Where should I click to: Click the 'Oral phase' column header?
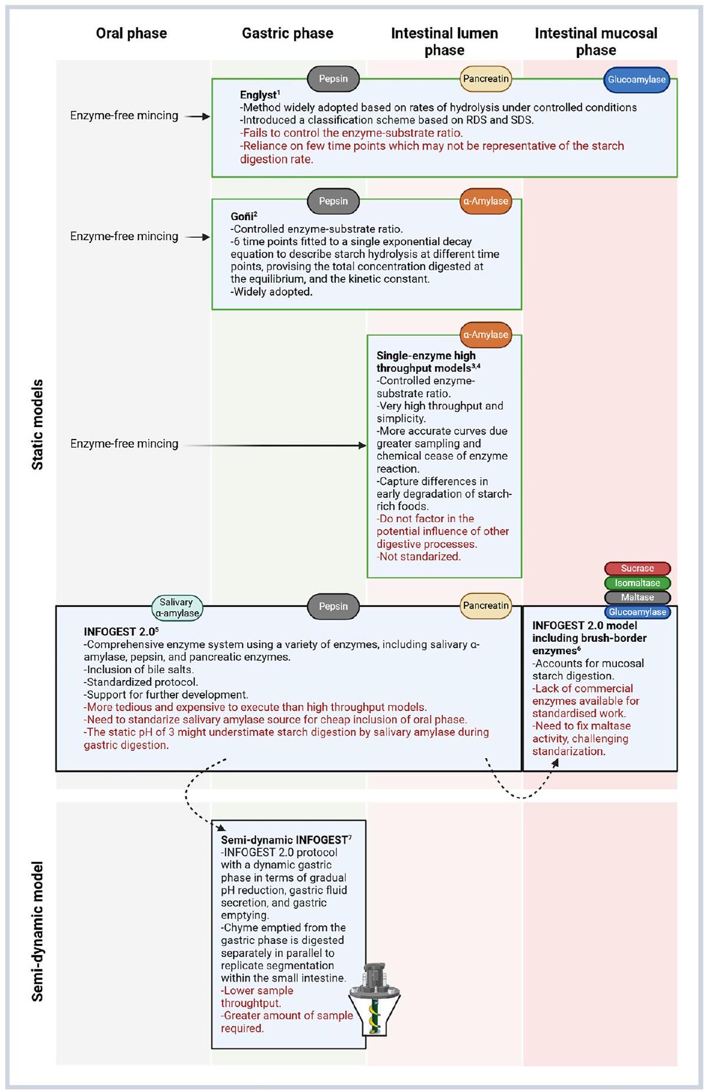pyautogui.click(x=131, y=34)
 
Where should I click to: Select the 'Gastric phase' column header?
pyautogui.click(x=287, y=34)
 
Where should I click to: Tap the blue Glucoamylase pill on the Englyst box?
pyautogui.click(x=636, y=80)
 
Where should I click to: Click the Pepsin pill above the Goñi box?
pyautogui.click(x=333, y=201)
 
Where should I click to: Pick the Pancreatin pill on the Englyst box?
pyautogui.click(x=485, y=78)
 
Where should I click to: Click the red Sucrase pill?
pyautogui.click(x=637, y=569)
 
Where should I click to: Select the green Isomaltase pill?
pyautogui.click(x=637, y=583)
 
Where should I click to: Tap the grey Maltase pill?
pyautogui.click(x=637, y=597)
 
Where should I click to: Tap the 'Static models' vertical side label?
pyautogui.click(x=38, y=425)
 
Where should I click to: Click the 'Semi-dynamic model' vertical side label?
pyautogui.click(x=38, y=932)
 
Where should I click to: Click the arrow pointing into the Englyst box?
pyautogui.click(x=197, y=117)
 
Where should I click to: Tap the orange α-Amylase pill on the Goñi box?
pyautogui.click(x=485, y=201)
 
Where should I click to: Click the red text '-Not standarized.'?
pyautogui.click(x=419, y=556)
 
